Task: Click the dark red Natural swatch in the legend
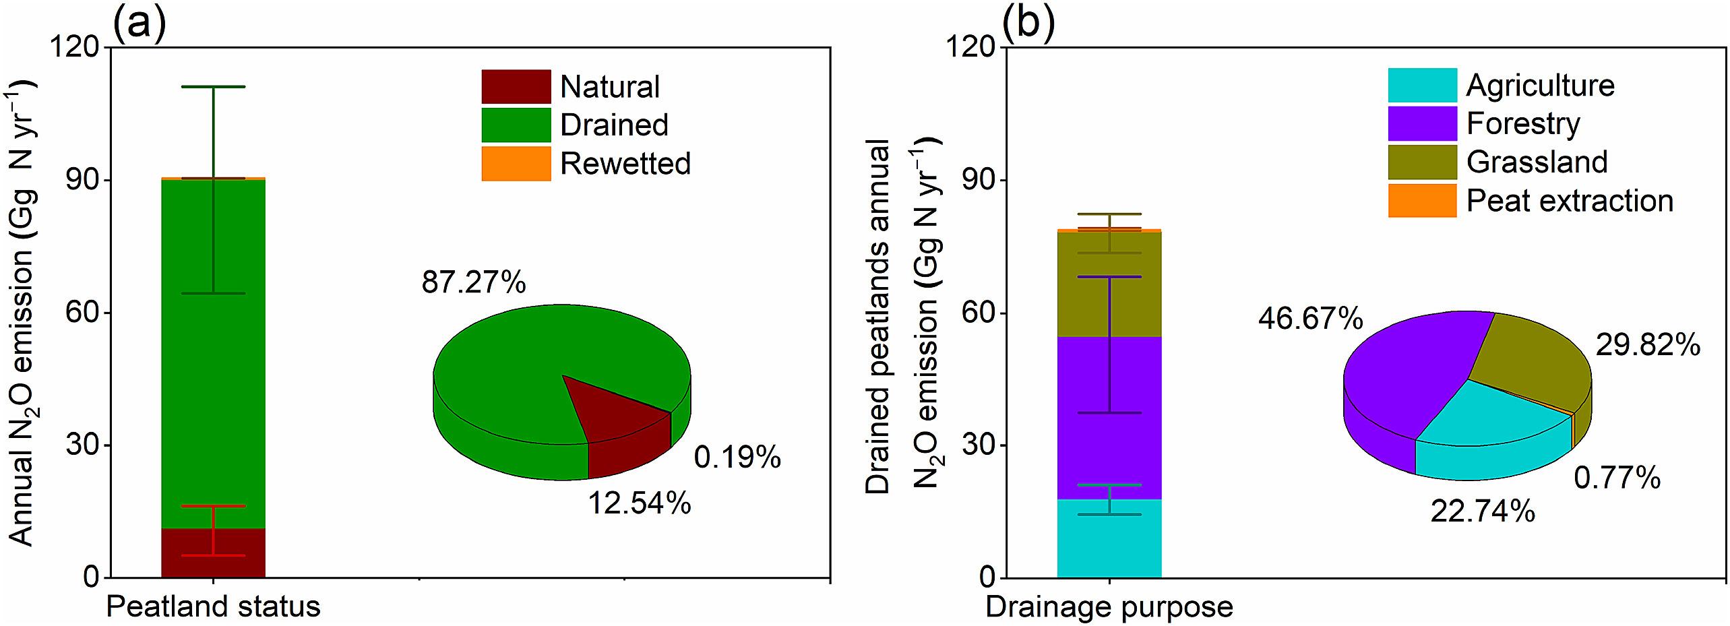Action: [x=516, y=87]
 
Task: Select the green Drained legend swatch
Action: [x=516, y=125]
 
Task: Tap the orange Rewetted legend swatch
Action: [x=516, y=164]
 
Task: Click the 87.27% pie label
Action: [x=474, y=282]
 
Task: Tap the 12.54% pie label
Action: [x=639, y=503]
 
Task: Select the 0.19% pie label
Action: [x=737, y=458]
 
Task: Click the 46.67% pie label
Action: [x=1309, y=318]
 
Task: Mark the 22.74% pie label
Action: [x=1482, y=512]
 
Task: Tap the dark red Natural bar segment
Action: [x=213, y=553]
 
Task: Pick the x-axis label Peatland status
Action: [x=213, y=607]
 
